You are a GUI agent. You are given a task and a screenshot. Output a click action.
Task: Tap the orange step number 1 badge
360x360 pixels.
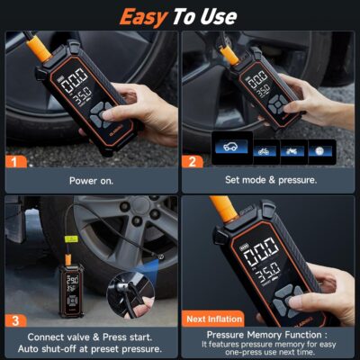click(15, 162)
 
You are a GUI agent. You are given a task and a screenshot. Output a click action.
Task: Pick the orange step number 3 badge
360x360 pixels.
click(15, 319)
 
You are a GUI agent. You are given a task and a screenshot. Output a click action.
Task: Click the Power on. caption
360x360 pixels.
click(90, 180)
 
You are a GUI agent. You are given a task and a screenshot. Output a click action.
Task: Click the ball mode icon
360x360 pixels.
click(321, 150)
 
